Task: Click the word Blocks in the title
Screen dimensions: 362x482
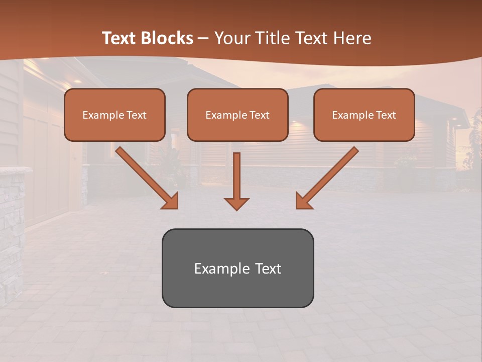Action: point(167,38)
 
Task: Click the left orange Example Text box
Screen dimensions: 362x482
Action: point(114,115)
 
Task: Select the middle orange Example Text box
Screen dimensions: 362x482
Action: point(237,115)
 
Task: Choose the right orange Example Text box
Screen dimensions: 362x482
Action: point(364,115)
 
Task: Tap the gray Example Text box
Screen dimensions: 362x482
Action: point(237,268)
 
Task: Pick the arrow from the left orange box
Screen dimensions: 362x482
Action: point(146,177)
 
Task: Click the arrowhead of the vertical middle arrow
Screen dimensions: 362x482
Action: point(236,204)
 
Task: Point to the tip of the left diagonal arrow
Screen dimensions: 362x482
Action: point(177,208)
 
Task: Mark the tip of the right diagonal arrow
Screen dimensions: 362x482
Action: point(297,208)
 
